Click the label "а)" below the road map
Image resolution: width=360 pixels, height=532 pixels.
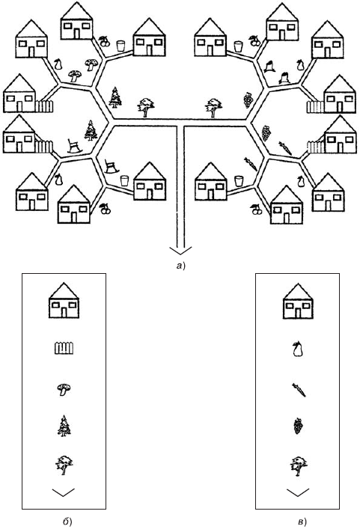click(x=180, y=266)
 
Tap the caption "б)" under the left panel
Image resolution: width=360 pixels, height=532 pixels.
click(x=67, y=521)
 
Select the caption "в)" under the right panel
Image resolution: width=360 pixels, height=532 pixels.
click(x=302, y=521)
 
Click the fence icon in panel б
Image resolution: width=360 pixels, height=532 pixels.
click(x=64, y=349)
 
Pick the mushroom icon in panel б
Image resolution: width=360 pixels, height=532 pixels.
click(x=64, y=389)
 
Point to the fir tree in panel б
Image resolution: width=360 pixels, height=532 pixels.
click(x=64, y=426)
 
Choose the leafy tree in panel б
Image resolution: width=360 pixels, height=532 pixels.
click(x=64, y=465)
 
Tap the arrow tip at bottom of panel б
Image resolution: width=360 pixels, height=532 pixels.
click(x=64, y=496)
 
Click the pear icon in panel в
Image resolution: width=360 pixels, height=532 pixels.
click(x=298, y=349)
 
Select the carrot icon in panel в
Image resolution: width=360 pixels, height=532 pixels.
click(x=299, y=390)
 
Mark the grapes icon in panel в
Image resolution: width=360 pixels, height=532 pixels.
click(x=298, y=426)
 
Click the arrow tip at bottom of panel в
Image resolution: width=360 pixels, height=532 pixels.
click(x=298, y=495)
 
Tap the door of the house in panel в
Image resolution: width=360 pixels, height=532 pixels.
click(x=298, y=314)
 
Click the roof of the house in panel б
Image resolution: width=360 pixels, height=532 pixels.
click(x=64, y=292)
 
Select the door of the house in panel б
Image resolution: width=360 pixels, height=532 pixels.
click(x=64, y=313)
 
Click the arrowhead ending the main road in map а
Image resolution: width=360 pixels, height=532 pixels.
click(x=180, y=254)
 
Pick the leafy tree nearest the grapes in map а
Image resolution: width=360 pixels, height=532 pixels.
click(x=213, y=108)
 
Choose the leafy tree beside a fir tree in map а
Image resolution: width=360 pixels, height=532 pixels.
click(x=146, y=107)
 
